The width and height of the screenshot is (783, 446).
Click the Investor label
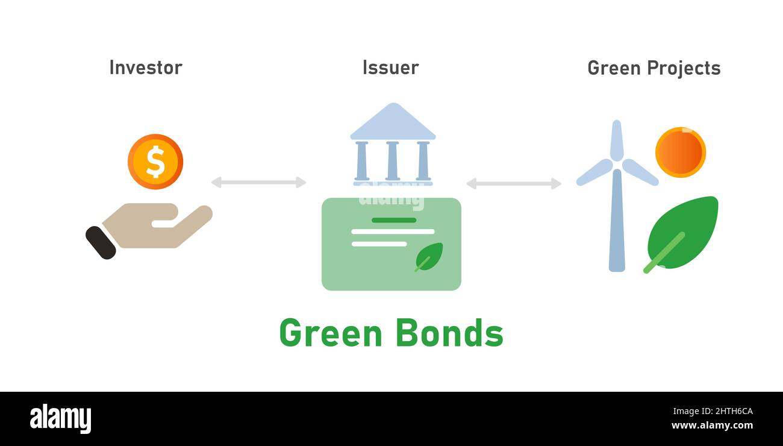(x=145, y=68)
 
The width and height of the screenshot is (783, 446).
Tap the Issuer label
(x=390, y=68)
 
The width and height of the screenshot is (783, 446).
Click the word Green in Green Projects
(x=614, y=68)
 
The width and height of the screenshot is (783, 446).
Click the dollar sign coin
(x=155, y=162)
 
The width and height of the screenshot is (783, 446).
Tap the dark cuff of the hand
(x=101, y=242)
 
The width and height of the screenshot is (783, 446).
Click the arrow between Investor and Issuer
(x=258, y=182)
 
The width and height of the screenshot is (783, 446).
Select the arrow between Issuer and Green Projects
(x=513, y=183)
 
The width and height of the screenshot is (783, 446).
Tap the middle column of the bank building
(x=392, y=161)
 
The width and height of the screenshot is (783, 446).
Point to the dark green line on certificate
(x=393, y=220)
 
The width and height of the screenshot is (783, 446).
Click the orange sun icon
(x=680, y=152)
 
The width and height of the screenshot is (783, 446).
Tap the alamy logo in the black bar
(x=60, y=419)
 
